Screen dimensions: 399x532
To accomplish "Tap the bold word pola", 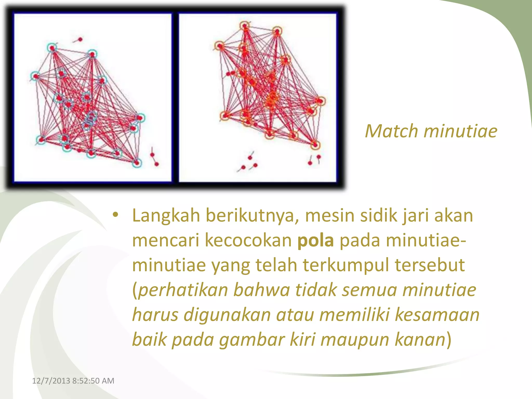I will coord(316,240).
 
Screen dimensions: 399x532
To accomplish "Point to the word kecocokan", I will coord(248,240).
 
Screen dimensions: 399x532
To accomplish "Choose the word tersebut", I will coord(430,265).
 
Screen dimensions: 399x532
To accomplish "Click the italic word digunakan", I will coord(227,315).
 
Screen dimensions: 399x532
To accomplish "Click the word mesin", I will coord(330,216).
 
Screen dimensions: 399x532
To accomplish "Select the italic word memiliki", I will coord(354,315).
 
